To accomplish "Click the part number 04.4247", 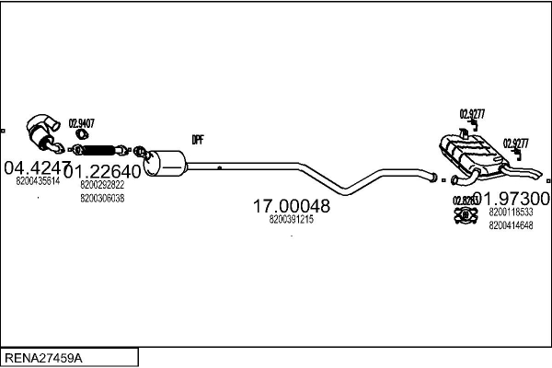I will [37, 168].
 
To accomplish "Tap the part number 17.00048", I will [291, 208].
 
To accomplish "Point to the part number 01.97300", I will [512, 199].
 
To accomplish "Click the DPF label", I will [197, 140].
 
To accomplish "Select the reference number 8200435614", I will [38, 181].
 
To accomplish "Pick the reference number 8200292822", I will [102, 186].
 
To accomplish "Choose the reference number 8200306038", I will [102, 198].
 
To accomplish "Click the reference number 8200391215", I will [292, 221].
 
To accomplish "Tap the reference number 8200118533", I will [512, 213].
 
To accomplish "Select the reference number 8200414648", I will [512, 224].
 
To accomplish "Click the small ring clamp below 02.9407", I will [80, 135].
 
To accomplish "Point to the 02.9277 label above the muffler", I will [473, 114].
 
